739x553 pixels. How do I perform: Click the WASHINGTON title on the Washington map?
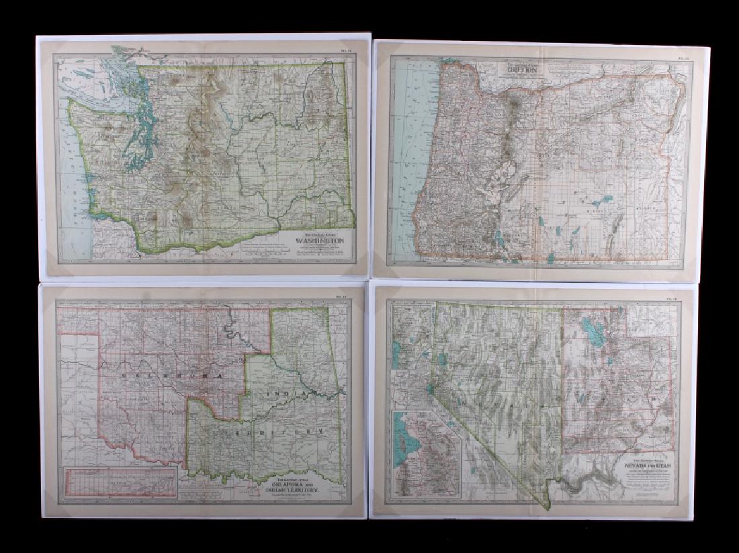pyautogui.click(x=320, y=241)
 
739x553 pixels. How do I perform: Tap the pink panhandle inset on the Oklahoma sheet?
pyautogui.click(x=120, y=481)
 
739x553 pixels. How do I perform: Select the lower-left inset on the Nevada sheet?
pyautogui.click(x=426, y=453)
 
